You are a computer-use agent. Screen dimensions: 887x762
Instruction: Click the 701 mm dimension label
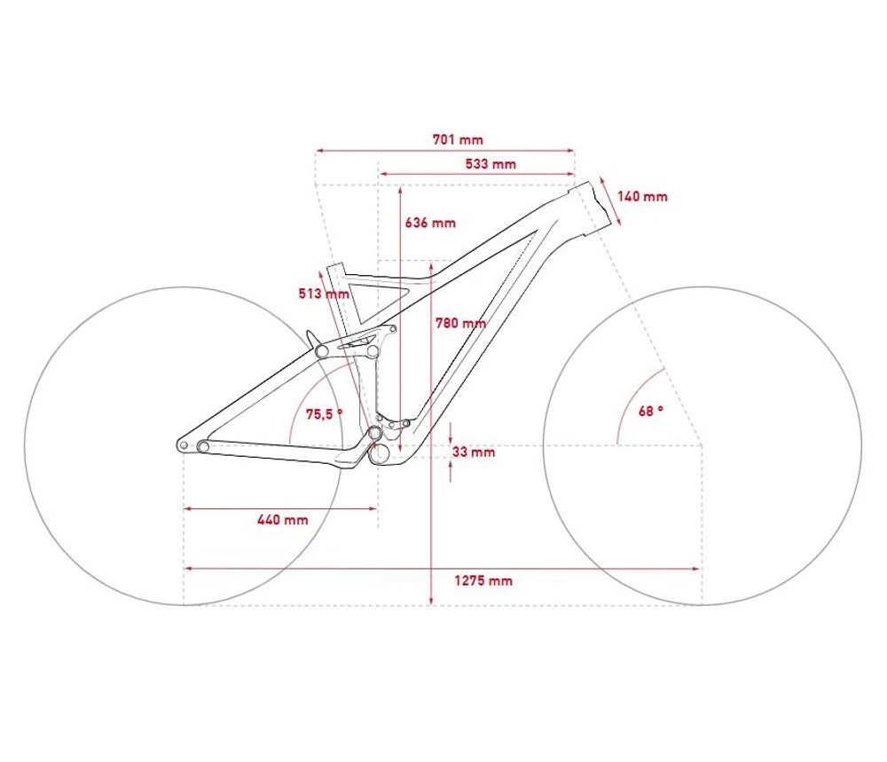458,139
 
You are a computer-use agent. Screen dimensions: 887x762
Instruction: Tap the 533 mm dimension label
491,164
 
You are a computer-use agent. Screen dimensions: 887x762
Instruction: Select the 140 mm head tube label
642,196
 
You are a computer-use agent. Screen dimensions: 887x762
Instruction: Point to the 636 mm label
430,223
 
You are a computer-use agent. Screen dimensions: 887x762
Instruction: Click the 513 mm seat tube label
324,294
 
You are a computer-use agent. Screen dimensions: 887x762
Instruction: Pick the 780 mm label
460,323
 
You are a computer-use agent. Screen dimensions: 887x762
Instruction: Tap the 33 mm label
474,452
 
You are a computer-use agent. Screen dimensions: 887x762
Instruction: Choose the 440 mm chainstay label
283,519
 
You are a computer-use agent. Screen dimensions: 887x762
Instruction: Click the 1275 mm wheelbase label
483,580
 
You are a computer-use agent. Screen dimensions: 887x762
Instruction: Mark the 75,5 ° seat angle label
324,414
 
